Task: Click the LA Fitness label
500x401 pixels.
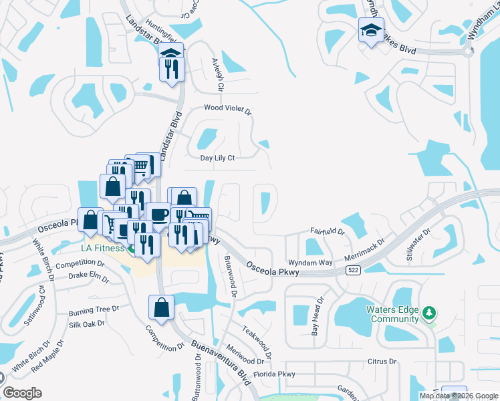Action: coord(100,249)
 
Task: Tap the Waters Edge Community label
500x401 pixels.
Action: coord(392,314)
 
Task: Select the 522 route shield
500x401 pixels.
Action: coord(353,270)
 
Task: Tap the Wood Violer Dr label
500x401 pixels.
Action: coord(227,108)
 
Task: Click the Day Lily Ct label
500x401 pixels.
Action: coord(218,158)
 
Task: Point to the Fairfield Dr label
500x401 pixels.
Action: coord(327,231)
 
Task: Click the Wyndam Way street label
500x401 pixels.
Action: coord(310,263)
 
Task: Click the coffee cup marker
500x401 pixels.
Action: coord(158,214)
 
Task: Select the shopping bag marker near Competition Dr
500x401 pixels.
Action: coord(162,307)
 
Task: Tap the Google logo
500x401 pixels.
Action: coord(23,393)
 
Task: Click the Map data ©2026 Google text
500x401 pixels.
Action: coord(459,396)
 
